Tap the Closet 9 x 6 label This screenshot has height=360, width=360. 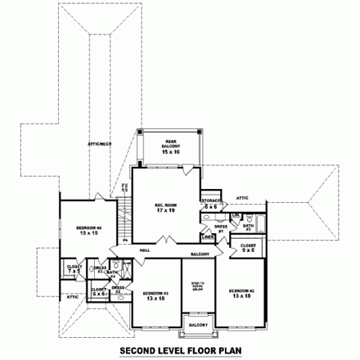(x=248, y=249)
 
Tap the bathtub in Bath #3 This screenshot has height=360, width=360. (x=260, y=222)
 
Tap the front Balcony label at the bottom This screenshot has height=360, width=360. (x=196, y=325)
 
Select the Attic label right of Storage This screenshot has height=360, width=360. (x=242, y=197)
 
